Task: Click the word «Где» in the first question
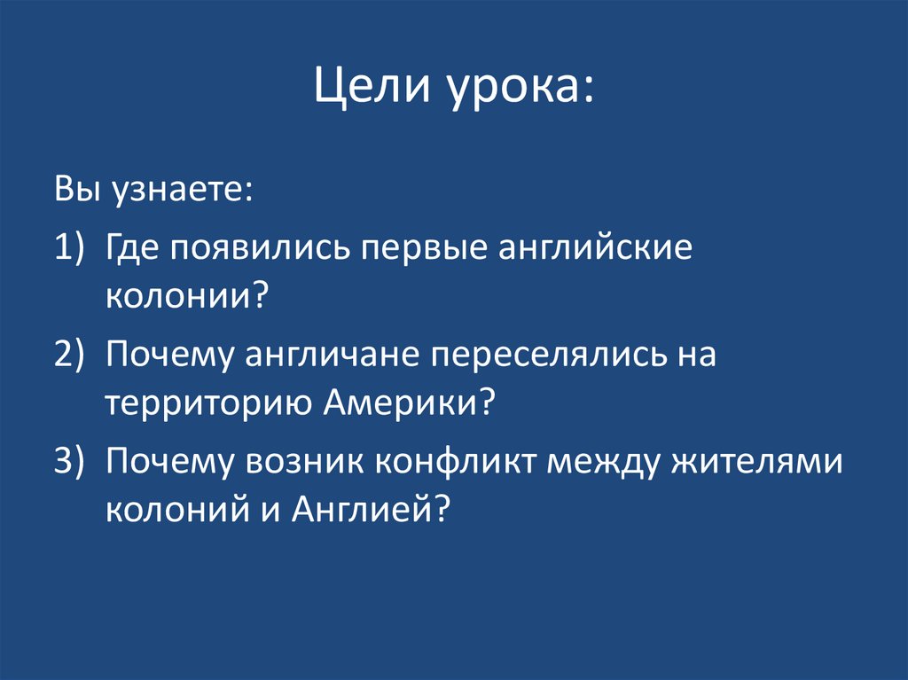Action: (x=131, y=248)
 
